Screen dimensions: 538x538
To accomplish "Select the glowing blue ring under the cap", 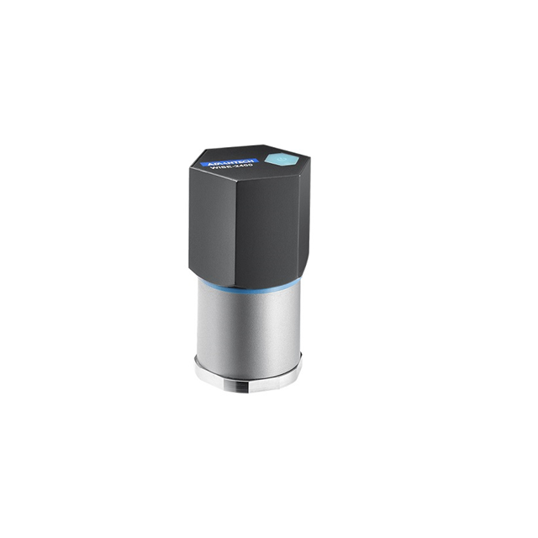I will (248, 286).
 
